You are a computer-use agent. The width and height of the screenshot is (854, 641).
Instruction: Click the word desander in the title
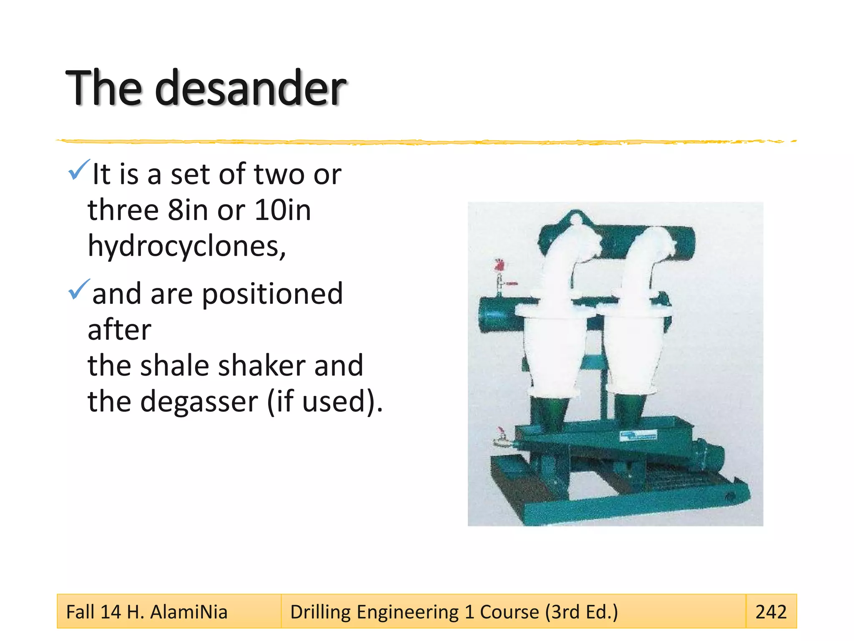(250, 88)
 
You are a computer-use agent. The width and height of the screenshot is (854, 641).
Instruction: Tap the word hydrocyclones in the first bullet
(186, 246)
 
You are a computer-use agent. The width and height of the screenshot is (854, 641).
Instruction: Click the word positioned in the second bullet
(272, 295)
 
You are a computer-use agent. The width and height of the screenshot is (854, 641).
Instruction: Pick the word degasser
(199, 401)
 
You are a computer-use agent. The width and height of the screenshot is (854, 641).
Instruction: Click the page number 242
(771, 612)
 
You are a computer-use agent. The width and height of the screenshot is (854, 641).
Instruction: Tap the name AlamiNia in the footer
(188, 612)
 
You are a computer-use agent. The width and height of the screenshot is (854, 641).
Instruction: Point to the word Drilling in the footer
(320, 612)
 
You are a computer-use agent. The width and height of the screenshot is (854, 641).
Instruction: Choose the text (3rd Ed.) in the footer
(581, 612)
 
